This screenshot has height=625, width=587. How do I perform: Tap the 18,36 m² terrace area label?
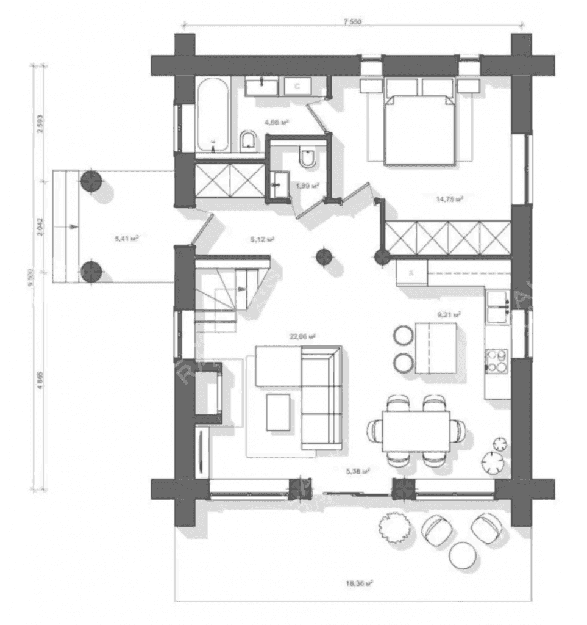(358, 583)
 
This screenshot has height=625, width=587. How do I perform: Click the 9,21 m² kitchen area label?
(449, 315)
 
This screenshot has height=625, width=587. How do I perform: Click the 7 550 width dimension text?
(352, 22)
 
